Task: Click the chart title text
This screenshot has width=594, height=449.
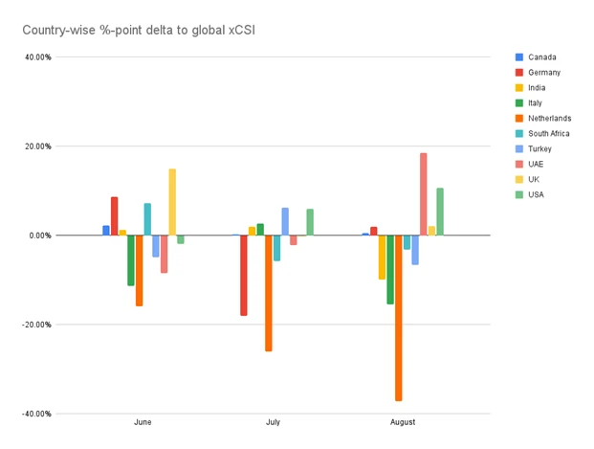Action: pos(139,32)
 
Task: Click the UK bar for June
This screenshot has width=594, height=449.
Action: pos(172,202)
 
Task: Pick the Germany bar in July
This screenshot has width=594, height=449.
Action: pos(244,276)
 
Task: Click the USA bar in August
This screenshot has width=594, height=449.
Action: pos(440,212)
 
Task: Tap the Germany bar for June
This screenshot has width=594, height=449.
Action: pos(115,216)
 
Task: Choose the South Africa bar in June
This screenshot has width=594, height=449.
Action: pos(147,219)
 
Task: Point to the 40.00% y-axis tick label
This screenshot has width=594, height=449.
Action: pos(38,56)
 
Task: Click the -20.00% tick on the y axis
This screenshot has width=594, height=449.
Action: pos(37,325)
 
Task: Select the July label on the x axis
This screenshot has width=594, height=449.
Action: pos(273,422)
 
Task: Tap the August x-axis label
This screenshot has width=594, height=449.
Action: pos(403,422)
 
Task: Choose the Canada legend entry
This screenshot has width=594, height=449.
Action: pos(541,57)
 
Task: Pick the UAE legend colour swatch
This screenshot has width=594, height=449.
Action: pos(519,165)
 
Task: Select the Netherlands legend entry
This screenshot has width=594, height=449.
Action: pos(549,119)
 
